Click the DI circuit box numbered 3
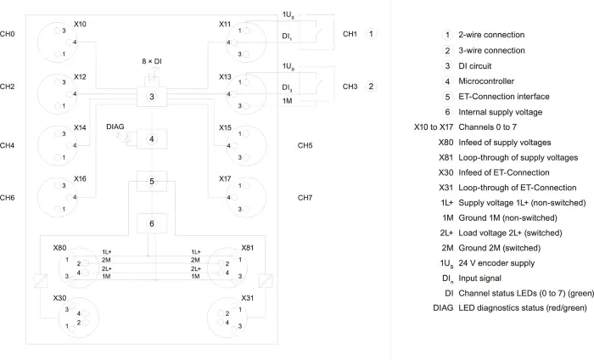coord(152,97)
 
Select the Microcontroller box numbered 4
coord(152,139)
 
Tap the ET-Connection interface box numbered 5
coord(152,181)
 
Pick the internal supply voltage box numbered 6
coord(152,223)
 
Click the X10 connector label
coord(80,25)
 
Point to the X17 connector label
coord(225,178)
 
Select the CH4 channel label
coord(7,145)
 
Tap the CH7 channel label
coord(305,198)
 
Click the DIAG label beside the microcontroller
coord(115,127)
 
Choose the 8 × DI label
coord(152,61)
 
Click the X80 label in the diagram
coord(59,248)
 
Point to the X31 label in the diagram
coord(248,298)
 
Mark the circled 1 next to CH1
coord(371,34)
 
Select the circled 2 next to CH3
coord(371,87)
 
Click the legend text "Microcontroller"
coord(486,82)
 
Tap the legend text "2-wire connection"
coord(491,35)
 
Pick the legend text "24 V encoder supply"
coord(496,263)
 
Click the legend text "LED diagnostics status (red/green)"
coord(523,307)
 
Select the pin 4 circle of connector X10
coord(69,42)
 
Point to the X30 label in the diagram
coord(59,298)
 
